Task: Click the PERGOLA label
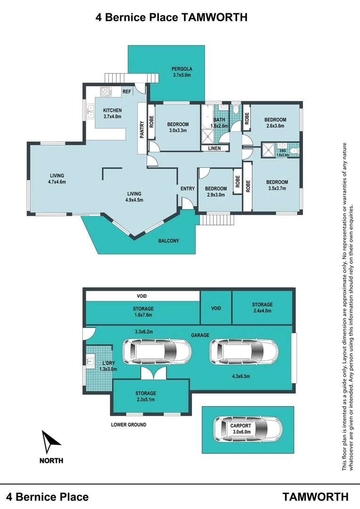click(182, 69)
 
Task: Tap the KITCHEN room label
click(112, 110)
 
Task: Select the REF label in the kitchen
click(127, 92)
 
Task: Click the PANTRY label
click(142, 130)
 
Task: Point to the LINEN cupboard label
click(214, 148)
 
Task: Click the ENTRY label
click(188, 189)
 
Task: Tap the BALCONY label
click(169, 241)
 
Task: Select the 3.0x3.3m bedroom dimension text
click(178, 131)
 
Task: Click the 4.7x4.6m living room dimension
click(57, 182)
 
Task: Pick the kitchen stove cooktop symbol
click(106, 91)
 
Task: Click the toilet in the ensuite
click(295, 151)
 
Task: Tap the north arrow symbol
click(50, 442)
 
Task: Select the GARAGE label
click(200, 335)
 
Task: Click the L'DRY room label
click(108, 363)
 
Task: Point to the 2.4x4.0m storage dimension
click(262, 311)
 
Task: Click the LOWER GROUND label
click(129, 425)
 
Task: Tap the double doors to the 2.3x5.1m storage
click(153, 373)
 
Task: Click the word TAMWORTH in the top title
click(213, 17)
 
